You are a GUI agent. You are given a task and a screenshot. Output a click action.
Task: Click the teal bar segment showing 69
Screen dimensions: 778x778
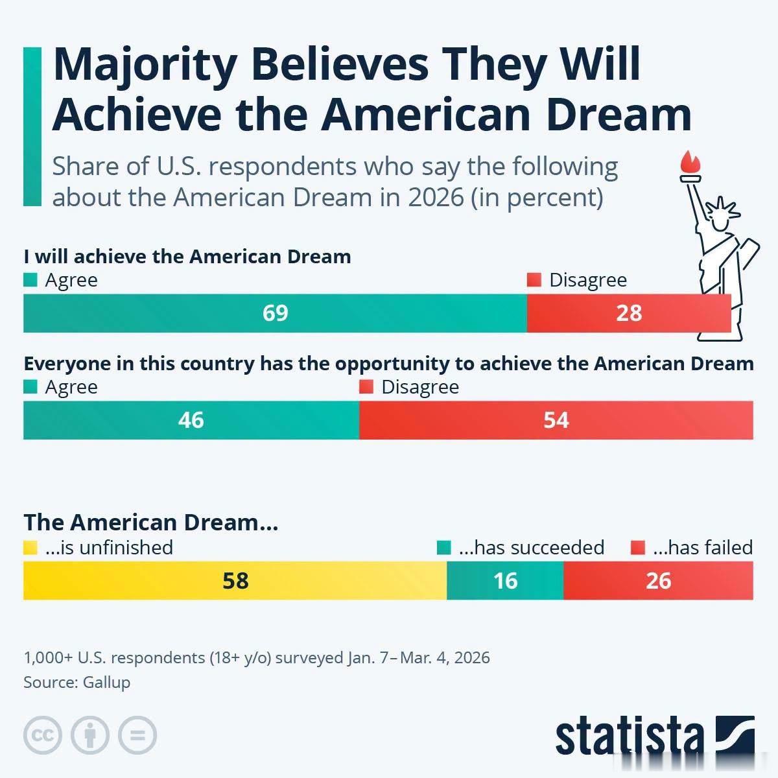point(275,313)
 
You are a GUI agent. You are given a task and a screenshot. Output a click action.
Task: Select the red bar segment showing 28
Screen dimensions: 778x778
point(629,313)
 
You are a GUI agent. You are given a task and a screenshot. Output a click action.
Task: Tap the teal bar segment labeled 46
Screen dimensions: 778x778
point(191,420)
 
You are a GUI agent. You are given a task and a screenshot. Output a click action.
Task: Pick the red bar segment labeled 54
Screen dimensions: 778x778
point(556,420)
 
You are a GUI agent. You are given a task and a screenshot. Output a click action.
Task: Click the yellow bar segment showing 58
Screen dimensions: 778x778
point(235,580)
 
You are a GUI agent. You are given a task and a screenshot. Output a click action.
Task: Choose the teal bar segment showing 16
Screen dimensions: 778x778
point(505,580)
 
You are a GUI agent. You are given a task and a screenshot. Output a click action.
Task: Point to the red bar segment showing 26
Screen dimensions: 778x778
point(659,580)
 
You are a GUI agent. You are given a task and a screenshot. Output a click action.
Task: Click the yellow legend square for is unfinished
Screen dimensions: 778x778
point(30,548)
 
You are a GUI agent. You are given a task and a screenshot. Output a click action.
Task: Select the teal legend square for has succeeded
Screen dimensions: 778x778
point(443,548)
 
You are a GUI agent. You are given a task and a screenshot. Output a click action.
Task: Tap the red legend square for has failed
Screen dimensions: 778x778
point(637,548)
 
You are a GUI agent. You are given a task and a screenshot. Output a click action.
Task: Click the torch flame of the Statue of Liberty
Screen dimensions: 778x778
point(690,162)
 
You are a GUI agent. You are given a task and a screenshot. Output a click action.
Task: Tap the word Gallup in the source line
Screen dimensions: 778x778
point(106,682)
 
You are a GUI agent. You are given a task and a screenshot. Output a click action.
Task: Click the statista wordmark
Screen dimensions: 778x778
point(630,737)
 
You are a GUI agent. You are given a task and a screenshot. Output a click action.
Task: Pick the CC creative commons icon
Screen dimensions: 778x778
point(43,735)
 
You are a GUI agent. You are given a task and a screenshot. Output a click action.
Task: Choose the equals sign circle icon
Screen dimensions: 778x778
point(137,735)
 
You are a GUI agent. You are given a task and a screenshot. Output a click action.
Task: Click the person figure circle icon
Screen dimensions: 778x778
point(90,735)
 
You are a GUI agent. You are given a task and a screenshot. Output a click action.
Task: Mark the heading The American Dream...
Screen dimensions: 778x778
point(150,523)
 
